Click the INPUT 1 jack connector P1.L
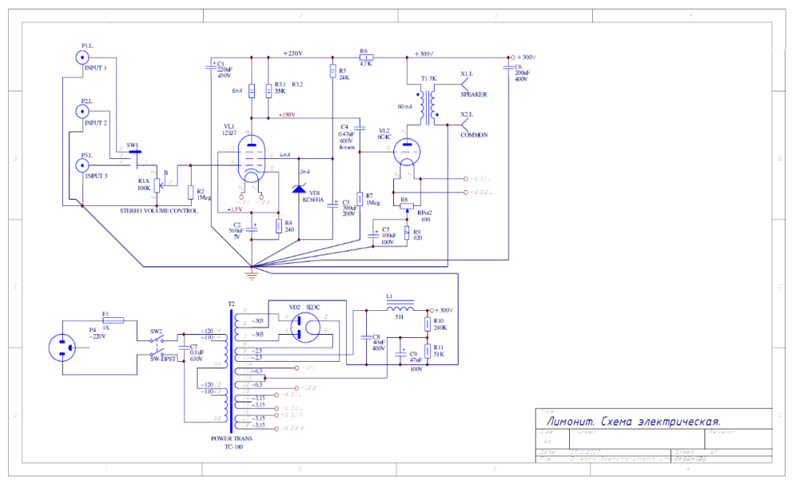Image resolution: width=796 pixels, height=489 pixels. tap(81, 57)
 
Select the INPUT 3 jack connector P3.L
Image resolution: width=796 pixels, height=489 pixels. tap(81, 165)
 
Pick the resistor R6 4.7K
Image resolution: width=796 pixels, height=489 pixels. tap(365, 57)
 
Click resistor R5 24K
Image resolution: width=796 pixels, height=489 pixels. tap(332, 72)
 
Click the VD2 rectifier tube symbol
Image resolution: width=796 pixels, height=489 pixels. tap(304, 325)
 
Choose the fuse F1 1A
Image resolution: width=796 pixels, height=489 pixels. tap(113, 320)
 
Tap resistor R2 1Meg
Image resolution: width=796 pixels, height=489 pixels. tap(190, 192)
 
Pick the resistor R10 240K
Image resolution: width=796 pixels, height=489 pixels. tap(428, 323)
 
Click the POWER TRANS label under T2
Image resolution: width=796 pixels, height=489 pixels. tap(232, 439)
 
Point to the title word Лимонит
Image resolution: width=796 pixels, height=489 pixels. tap(568, 421)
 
